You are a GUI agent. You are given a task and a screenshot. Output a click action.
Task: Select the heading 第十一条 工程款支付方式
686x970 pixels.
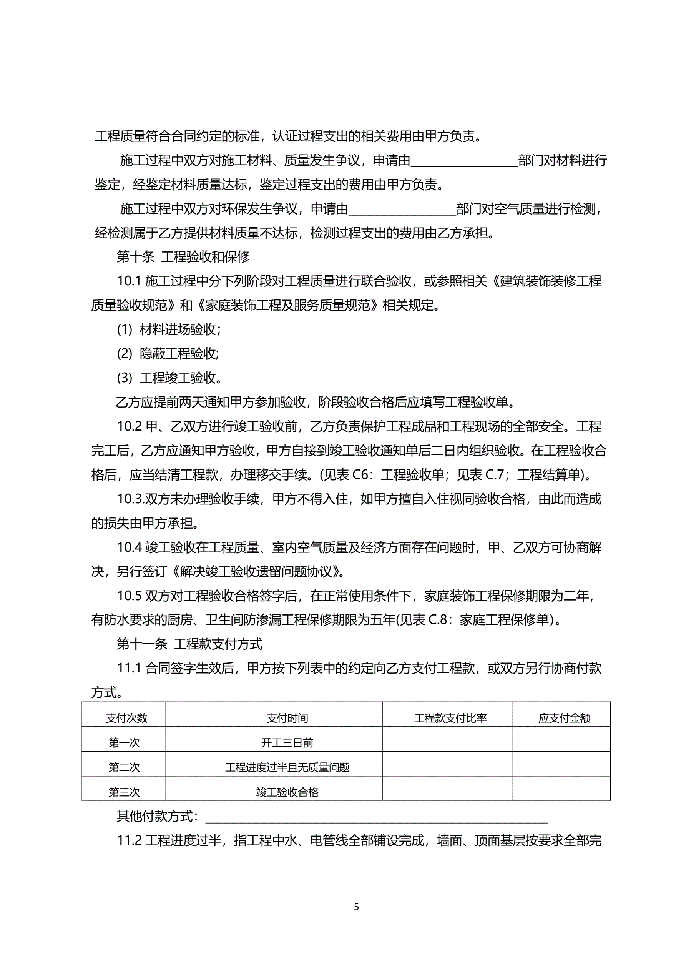click(189, 644)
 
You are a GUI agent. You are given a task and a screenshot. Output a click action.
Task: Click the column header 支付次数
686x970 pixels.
click(126, 718)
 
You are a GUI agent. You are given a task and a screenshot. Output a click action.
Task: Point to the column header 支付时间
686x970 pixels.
click(287, 718)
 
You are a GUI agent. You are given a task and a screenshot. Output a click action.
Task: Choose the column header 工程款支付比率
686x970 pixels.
click(450, 718)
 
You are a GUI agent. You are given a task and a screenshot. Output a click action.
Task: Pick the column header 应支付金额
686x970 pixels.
click(564, 718)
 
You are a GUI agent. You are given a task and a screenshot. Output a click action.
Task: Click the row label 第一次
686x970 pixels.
click(124, 742)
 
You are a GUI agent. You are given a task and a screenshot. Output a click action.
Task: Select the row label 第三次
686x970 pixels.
click(124, 792)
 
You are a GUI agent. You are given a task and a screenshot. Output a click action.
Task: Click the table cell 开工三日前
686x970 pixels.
click(287, 742)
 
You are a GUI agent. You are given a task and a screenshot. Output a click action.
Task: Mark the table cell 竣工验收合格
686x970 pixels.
click(287, 792)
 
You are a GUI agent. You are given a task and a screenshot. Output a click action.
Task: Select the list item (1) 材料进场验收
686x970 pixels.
click(169, 329)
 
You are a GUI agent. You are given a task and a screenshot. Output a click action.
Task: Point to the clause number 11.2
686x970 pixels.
click(129, 840)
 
